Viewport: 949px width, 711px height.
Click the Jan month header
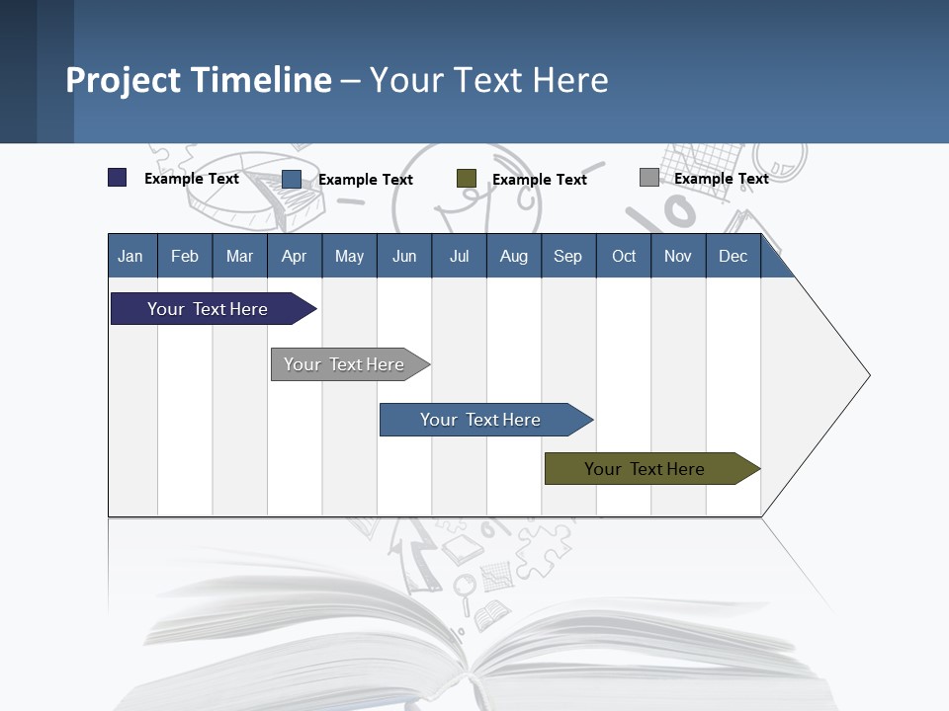[130, 256]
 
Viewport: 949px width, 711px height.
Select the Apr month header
[294, 256]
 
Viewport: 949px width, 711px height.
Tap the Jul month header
[459, 256]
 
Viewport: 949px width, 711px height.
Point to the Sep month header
[567, 256]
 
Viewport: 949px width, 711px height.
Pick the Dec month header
[733, 256]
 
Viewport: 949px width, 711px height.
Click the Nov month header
[677, 256]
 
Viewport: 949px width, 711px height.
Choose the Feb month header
[185, 256]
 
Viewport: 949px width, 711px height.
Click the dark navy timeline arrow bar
[208, 309]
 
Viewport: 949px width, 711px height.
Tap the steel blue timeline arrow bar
[480, 420]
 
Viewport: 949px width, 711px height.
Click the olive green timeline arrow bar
[645, 469]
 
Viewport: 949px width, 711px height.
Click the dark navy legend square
[117, 178]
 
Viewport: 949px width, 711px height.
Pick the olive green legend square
[467, 179]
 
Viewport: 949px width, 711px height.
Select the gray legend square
[648, 178]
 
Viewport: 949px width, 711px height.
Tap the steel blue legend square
[292, 179]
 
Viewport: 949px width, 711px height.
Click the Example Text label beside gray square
[721, 179]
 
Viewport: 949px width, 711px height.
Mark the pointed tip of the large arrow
[868, 375]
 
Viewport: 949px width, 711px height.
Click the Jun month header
[404, 256]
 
